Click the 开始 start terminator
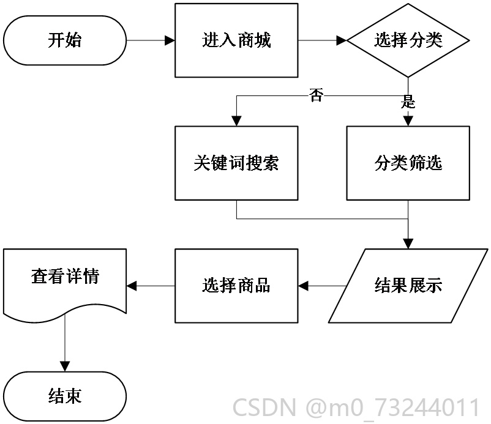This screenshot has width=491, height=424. (65, 40)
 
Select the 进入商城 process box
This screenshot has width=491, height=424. (236, 40)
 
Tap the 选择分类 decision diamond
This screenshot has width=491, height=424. (408, 40)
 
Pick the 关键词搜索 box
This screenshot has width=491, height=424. (236, 163)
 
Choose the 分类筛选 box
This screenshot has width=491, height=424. (408, 163)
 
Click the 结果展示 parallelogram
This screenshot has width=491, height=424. (408, 286)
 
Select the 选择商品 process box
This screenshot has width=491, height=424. (236, 286)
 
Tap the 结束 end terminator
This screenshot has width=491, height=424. (65, 396)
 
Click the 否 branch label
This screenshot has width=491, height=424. (317, 95)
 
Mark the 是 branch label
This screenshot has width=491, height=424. (408, 102)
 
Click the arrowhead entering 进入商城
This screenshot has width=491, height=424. (170, 40)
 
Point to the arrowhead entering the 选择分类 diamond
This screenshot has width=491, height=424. (342, 40)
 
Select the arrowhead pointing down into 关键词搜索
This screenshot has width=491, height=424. (236, 121)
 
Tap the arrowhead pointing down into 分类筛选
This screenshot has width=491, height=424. (408, 121)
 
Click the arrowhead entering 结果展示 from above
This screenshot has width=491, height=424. (408, 244)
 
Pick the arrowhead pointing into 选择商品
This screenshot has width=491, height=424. (303, 286)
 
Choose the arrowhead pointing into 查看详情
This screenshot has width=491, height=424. (132, 286)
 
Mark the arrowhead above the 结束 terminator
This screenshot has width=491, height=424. (65, 366)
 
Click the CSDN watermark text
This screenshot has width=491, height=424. (356, 407)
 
